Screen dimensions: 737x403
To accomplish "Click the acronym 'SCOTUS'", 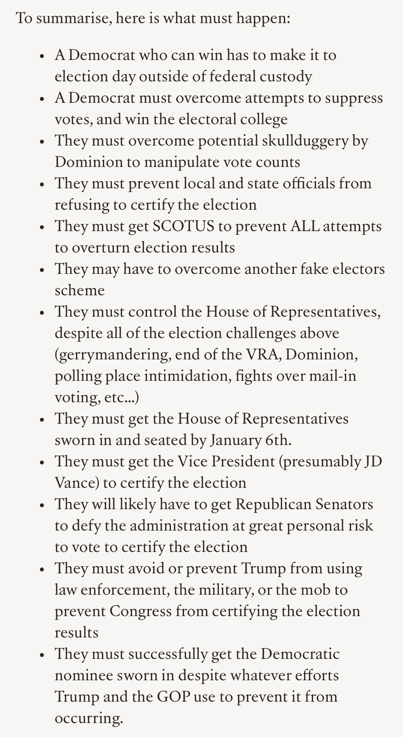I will coord(183,226).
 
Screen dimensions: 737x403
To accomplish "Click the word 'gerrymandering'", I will coord(113,354).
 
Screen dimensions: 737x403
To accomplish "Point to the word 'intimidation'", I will coord(186,376).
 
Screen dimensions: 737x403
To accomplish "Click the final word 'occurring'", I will coord(88,718).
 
